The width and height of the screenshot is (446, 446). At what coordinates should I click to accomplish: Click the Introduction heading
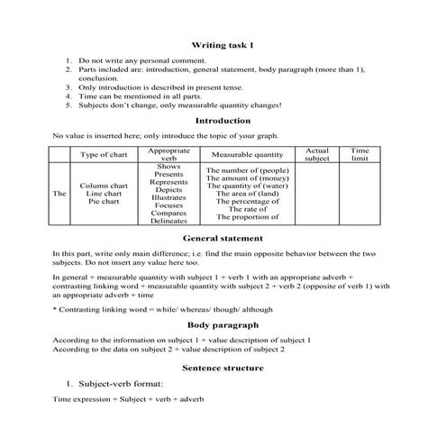coord(223,121)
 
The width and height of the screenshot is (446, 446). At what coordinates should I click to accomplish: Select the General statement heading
coord(223,239)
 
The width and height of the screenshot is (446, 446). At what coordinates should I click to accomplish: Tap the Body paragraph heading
coord(223,324)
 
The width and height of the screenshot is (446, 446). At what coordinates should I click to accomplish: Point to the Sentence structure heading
coord(223,368)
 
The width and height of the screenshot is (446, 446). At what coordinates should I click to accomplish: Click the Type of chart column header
coord(104,155)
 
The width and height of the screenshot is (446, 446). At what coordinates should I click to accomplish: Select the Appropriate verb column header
coord(168,154)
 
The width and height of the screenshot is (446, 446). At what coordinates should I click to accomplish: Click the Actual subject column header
coord(317,154)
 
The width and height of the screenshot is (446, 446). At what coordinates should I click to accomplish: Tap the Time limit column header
coord(360,154)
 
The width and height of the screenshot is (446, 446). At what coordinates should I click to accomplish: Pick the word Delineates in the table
coord(168,221)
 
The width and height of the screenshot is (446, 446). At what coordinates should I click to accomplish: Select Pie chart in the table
coord(104,202)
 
